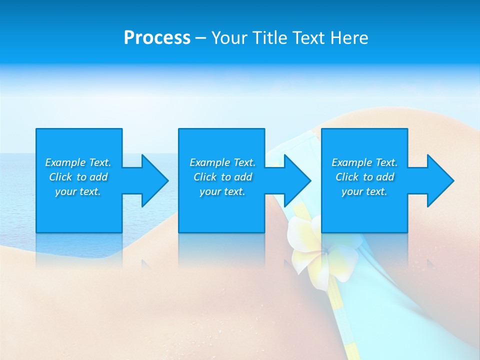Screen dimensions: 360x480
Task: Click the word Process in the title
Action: (157, 38)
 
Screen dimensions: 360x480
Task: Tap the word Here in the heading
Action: (349, 38)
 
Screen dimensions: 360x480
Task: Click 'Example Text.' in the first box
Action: (78, 162)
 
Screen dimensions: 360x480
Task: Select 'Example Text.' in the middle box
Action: (222, 162)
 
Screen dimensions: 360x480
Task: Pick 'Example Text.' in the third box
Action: (364, 162)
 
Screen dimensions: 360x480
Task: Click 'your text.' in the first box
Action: (78, 191)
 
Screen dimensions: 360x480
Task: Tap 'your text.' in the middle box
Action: (222, 191)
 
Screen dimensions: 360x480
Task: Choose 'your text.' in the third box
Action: (364, 191)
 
